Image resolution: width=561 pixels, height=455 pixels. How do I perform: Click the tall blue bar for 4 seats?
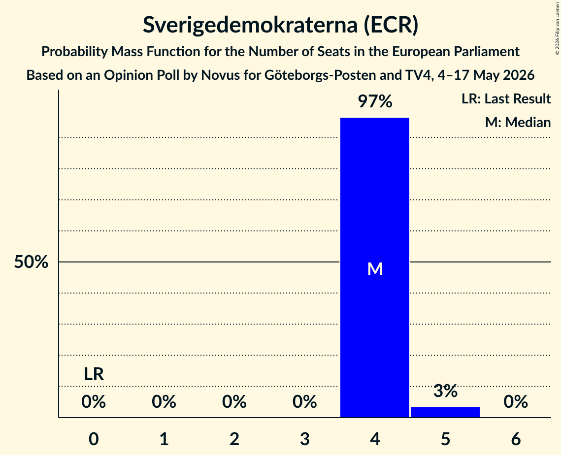pyautogui.click(x=375, y=267)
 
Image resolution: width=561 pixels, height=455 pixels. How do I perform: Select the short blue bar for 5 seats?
pyautogui.click(x=445, y=412)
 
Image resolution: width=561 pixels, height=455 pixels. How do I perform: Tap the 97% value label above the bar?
pyautogui.click(x=375, y=101)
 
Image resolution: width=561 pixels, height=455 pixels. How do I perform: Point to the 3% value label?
pyautogui.click(x=445, y=390)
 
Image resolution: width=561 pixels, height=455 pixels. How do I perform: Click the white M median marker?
pyautogui.click(x=375, y=269)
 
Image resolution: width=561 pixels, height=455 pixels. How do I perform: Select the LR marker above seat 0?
pyautogui.click(x=94, y=374)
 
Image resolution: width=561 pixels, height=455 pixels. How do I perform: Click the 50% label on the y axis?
pyautogui.click(x=31, y=262)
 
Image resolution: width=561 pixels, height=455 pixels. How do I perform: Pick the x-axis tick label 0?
pyautogui.click(x=94, y=439)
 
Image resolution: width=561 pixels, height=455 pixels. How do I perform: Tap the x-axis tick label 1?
pyautogui.click(x=164, y=439)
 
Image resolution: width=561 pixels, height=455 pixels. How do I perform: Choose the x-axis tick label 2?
pyautogui.click(x=234, y=439)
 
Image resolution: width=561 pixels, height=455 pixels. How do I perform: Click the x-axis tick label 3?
pyautogui.click(x=304, y=439)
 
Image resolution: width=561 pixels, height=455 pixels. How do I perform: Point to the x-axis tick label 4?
pyautogui.click(x=375, y=439)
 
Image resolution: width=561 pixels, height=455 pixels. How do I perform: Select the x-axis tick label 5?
pyautogui.click(x=445, y=439)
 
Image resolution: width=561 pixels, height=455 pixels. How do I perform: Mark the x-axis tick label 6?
pyautogui.click(x=516, y=439)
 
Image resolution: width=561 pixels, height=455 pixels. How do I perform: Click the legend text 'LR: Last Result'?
pyautogui.click(x=506, y=98)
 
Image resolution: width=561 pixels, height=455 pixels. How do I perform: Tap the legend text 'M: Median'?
pyautogui.click(x=518, y=122)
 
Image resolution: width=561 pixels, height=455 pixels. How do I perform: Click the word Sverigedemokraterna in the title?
pyautogui.click(x=250, y=25)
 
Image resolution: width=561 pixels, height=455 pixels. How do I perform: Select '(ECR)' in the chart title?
pyautogui.click(x=391, y=25)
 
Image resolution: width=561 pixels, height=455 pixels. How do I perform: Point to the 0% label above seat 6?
pyautogui.click(x=516, y=402)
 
